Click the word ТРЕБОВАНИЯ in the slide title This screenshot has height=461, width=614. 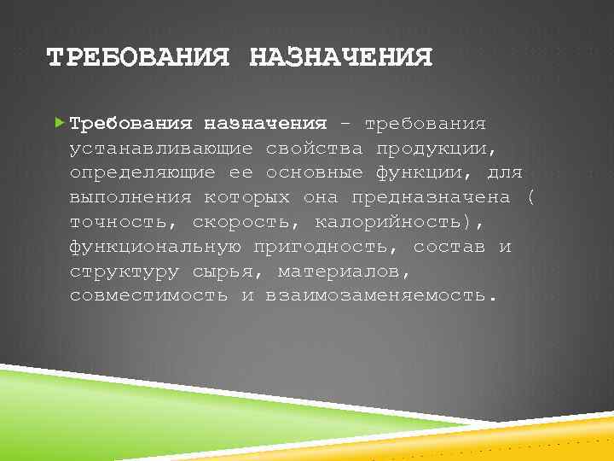click(138, 58)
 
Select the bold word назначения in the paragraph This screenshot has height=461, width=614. click(265, 124)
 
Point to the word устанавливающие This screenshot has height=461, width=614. click(161, 149)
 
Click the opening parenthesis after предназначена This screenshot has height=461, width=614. click(530, 198)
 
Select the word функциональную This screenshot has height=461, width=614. click(155, 248)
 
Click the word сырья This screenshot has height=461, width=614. click(223, 272)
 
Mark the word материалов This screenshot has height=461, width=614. click(345, 272)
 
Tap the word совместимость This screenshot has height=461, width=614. click(149, 296)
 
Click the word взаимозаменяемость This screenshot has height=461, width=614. click(380, 296)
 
